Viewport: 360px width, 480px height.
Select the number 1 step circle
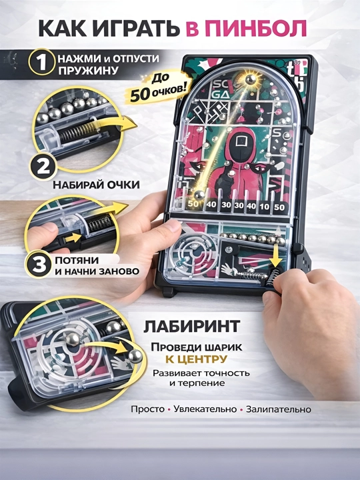tap(41, 62)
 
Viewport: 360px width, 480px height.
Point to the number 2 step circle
tap(43, 167)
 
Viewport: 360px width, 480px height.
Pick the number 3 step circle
tap(39, 265)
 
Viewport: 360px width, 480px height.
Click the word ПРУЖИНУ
tap(88, 71)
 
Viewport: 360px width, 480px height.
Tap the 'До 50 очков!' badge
tap(158, 87)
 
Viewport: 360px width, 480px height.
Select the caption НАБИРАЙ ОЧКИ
tap(96, 185)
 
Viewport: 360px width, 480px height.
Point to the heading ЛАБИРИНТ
tap(192, 327)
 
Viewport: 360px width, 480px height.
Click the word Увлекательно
tap(205, 409)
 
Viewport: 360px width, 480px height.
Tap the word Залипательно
tap(279, 409)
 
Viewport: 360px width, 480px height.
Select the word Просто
tap(147, 409)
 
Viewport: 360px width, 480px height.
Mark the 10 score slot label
tap(264, 207)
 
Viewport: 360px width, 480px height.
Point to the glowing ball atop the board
tap(251, 79)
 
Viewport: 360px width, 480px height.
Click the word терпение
tap(201, 383)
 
